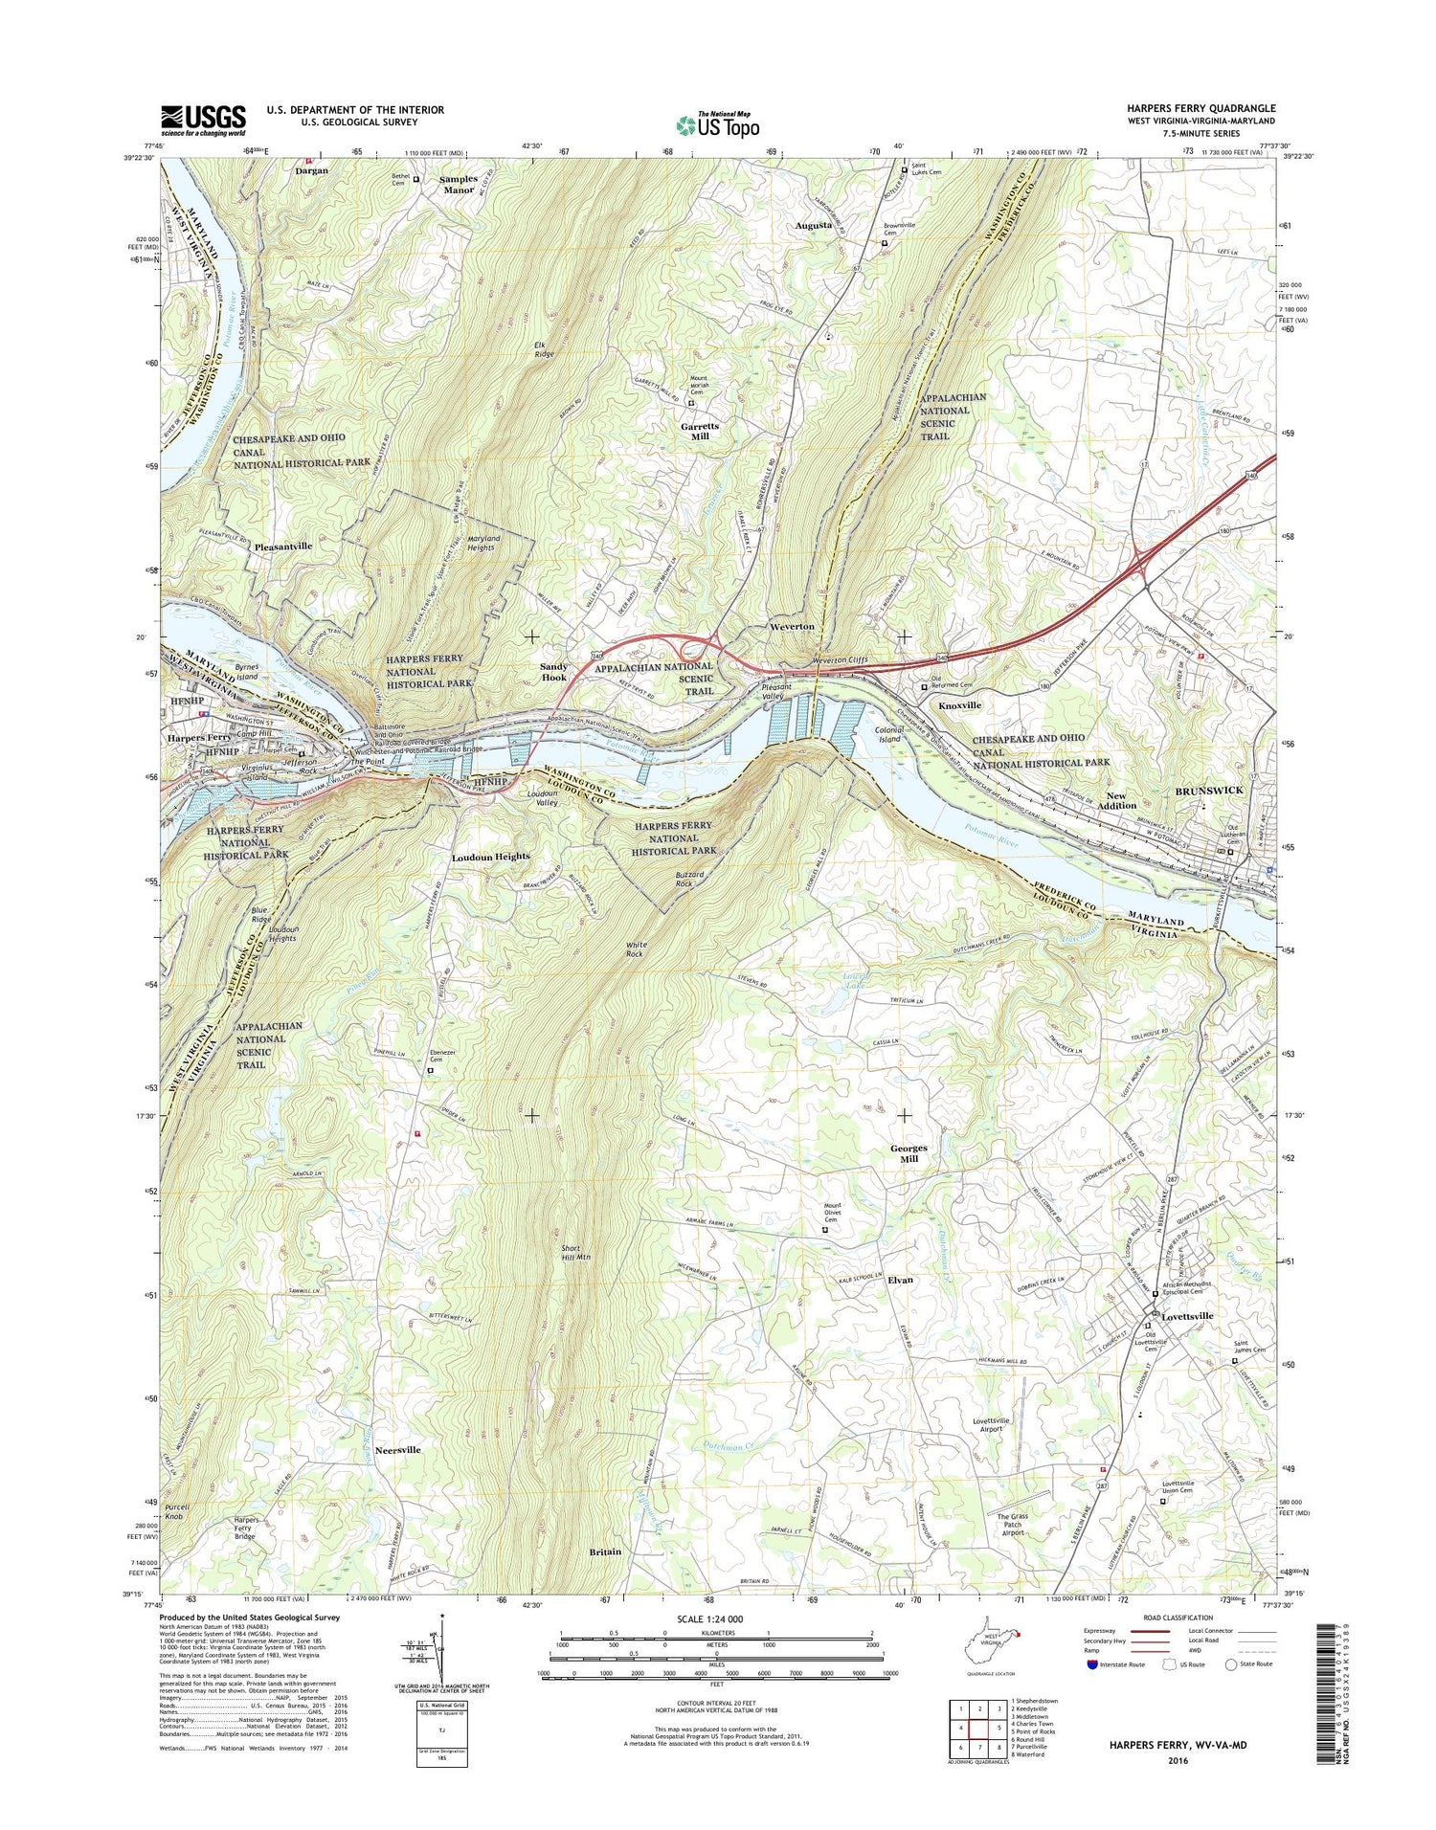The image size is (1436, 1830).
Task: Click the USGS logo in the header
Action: (x=203, y=122)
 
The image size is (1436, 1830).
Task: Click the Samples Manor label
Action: (x=458, y=184)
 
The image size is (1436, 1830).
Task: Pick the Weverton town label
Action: (x=792, y=626)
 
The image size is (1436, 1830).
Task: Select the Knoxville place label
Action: (x=959, y=704)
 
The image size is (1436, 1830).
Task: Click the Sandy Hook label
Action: (x=554, y=671)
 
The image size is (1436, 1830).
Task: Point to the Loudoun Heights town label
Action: (x=491, y=857)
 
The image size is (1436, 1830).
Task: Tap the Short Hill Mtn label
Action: (x=577, y=1254)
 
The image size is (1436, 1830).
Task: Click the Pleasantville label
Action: (x=283, y=546)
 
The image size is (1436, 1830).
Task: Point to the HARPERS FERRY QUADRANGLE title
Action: (x=1215, y=109)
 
